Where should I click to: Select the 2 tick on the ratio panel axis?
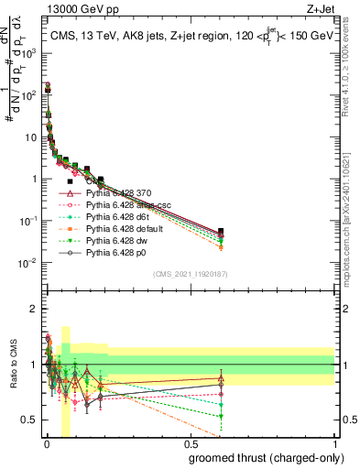click(35, 309)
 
